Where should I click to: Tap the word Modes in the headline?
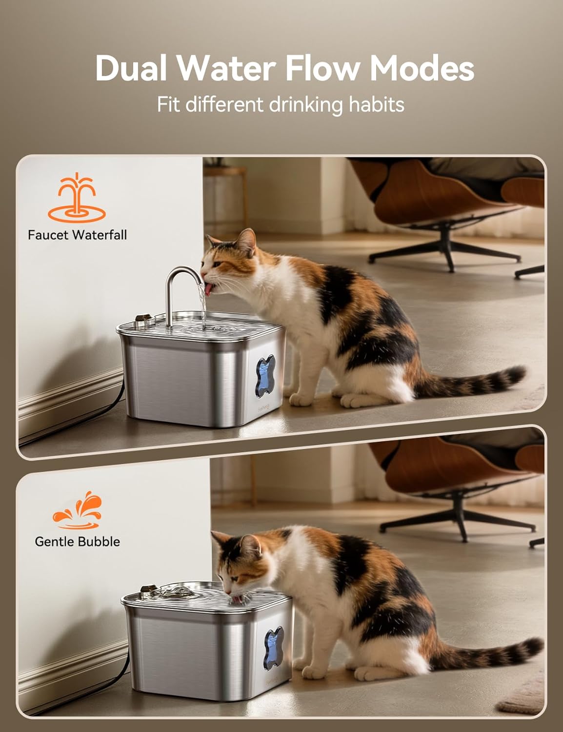click(422, 68)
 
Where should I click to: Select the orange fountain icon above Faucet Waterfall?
click(77, 198)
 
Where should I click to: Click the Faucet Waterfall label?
click(78, 235)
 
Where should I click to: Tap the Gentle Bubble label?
click(78, 541)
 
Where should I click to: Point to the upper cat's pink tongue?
click(210, 289)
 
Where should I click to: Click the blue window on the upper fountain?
click(265, 377)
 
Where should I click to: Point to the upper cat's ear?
click(247, 242)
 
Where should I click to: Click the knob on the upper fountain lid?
click(143, 318)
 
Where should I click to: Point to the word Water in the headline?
click(226, 68)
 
